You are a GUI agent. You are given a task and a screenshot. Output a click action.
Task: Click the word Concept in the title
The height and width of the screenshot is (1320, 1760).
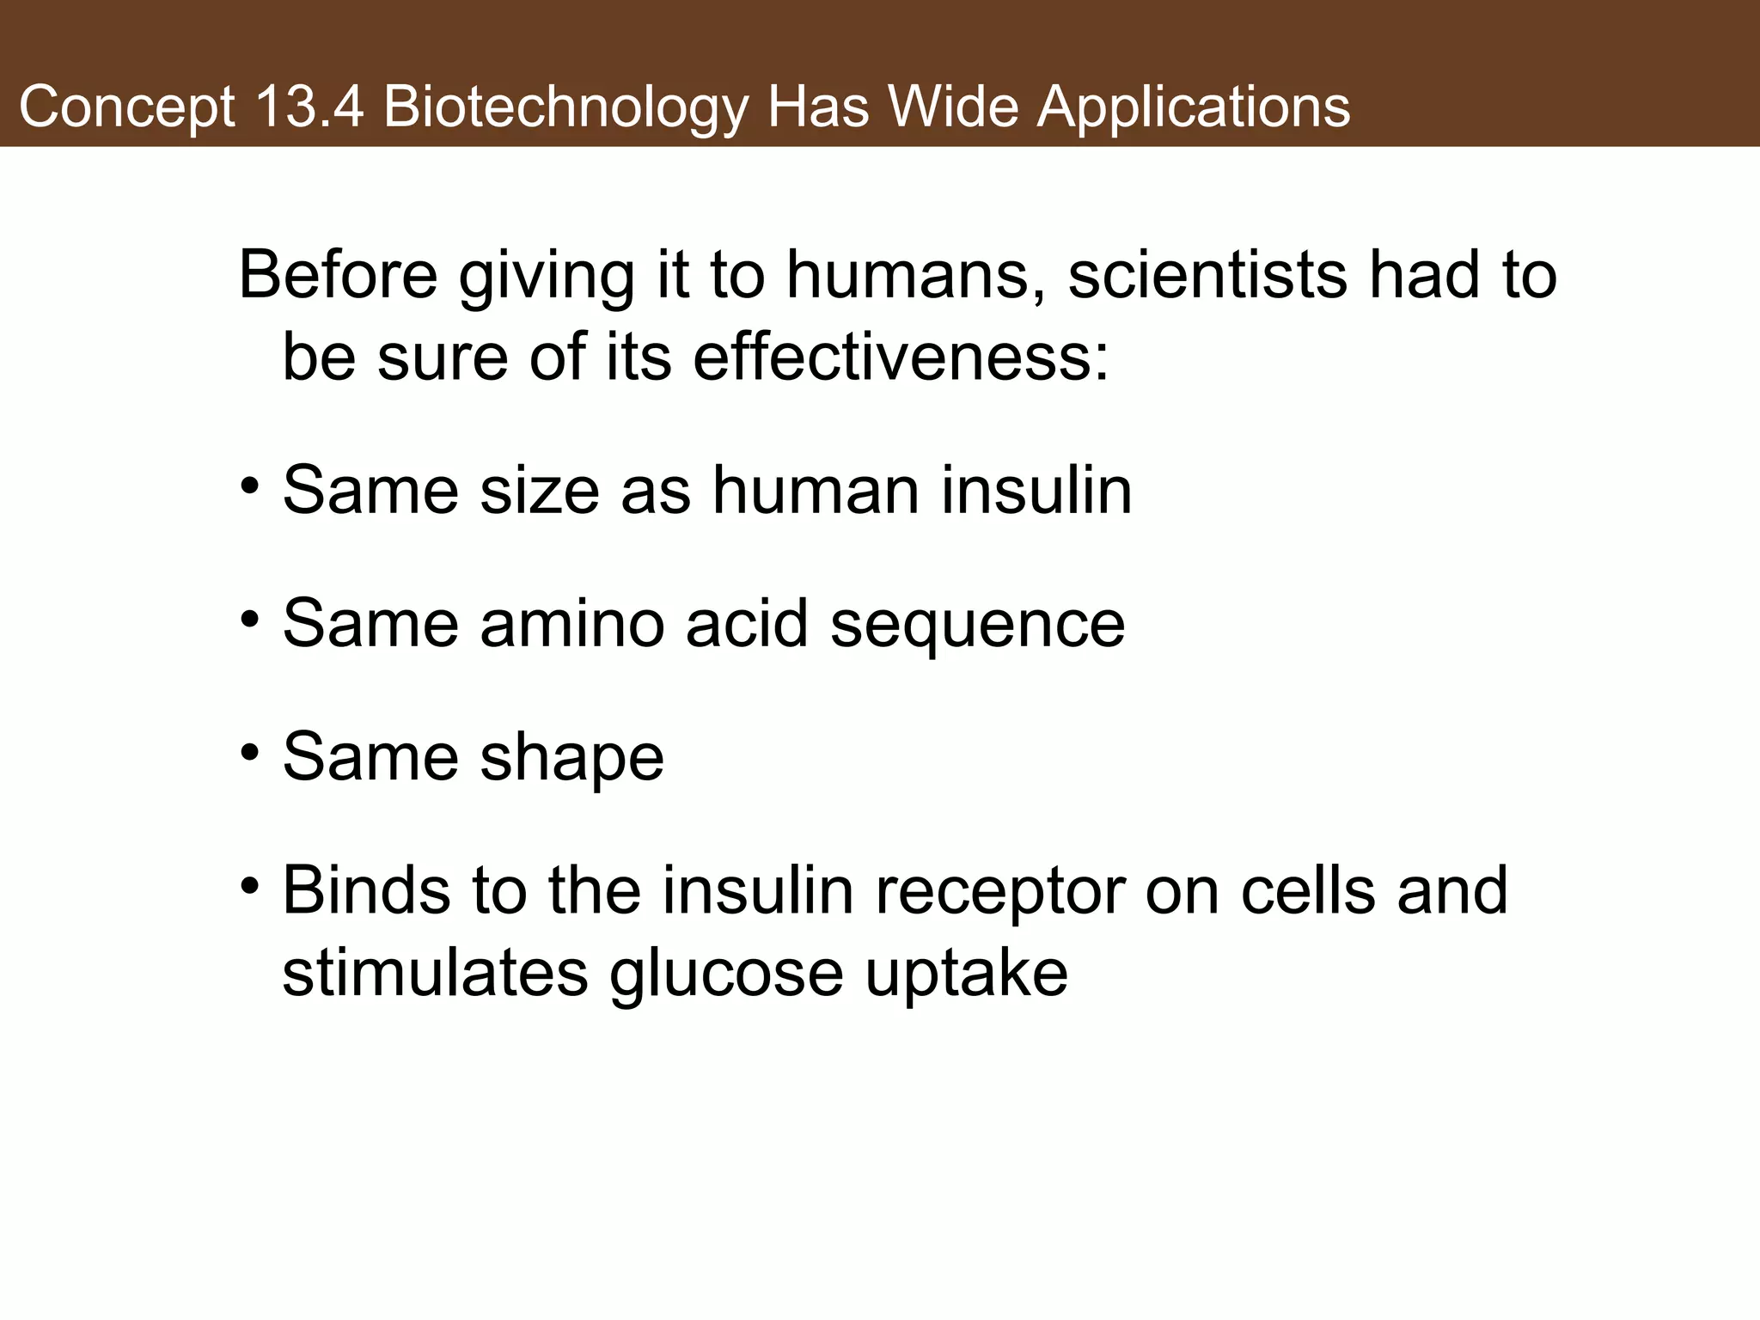[126, 108]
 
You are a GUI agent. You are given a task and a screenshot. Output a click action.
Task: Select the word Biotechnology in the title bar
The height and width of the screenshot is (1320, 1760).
[565, 108]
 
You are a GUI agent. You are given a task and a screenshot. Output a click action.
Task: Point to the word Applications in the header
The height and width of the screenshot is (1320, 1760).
[1194, 108]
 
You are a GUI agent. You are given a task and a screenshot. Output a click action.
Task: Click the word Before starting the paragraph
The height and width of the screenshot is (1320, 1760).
[338, 275]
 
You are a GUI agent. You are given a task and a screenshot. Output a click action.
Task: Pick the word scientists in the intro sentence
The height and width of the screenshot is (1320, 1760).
[1207, 275]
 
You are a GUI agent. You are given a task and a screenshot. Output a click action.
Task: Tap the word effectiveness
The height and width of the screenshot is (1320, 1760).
[901, 357]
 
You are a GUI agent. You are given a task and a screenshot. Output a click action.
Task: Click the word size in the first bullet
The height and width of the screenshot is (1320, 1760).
[539, 491]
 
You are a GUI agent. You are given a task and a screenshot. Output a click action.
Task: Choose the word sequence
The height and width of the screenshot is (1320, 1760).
[977, 626]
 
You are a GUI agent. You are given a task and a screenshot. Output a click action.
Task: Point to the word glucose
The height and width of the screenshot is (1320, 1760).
[727, 975]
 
